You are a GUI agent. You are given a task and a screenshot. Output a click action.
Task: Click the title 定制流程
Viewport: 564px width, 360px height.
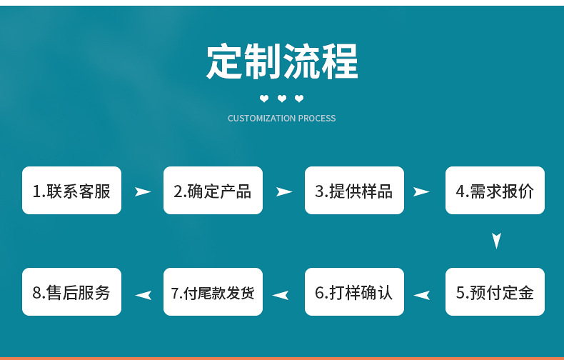tap(282, 61)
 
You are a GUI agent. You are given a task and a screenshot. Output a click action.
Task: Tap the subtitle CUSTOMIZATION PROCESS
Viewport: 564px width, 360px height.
tap(281, 119)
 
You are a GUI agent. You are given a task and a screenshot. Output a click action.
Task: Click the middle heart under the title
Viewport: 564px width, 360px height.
tap(282, 99)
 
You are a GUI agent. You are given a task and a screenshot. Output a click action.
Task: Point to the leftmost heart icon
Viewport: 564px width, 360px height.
tap(264, 99)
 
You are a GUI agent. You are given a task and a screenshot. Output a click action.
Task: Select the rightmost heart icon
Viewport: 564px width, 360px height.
tap(299, 99)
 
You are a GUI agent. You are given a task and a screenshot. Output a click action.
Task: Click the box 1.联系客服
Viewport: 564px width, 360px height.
tap(71, 191)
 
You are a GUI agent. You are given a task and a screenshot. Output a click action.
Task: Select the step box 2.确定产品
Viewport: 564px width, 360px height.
tap(213, 191)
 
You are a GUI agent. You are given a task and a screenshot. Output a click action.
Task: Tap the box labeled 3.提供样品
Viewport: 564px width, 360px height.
tap(354, 191)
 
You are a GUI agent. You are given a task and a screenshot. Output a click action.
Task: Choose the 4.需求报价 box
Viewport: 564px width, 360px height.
tap(495, 191)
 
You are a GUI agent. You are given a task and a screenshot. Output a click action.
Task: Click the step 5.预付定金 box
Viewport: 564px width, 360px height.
tap(495, 292)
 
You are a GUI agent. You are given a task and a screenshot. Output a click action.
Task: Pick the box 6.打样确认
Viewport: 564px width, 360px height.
tap(354, 292)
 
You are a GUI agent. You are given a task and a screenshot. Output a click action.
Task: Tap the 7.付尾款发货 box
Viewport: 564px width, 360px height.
tap(213, 292)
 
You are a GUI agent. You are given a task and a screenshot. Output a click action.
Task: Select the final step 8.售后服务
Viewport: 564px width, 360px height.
tap(71, 292)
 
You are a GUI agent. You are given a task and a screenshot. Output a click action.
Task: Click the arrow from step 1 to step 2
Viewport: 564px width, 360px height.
tap(143, 191)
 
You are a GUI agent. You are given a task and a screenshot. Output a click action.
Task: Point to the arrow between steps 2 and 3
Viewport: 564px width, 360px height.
tap(284, 191)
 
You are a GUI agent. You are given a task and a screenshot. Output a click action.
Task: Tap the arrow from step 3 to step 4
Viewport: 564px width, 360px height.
tap(421, 191)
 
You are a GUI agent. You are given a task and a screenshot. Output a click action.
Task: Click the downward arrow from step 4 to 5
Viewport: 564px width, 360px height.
tap(497, 241)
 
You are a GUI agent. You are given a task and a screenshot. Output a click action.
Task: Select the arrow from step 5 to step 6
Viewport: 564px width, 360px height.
tap(422, 294)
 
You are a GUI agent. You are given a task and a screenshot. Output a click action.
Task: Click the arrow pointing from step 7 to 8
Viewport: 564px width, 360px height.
tap(143, 294)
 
